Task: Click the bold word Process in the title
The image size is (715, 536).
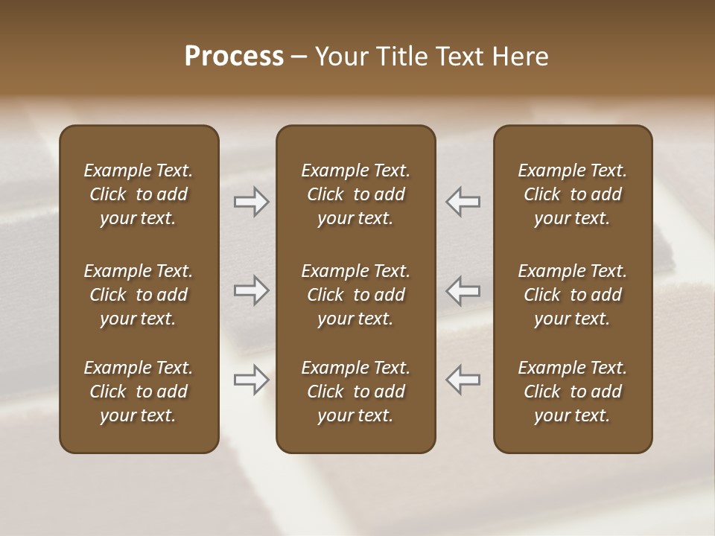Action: pyautogui.click(x=234, y=57)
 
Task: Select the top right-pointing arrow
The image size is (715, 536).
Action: pyautogui.click(x=251, y=202)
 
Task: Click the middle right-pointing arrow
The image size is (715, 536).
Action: pyautogui.click(x=251, y=290)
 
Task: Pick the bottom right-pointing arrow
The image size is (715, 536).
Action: pyautogui.click(x=251, y=380)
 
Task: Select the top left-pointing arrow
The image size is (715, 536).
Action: pyautogui.click(x=463, y=202)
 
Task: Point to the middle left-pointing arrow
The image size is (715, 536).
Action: pyautogui.click(x=463, y=290)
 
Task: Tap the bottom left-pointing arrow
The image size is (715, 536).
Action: pyautogui.click(x=463, y=380)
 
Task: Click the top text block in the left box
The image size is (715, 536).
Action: pyautogui.click(x=139, y=194)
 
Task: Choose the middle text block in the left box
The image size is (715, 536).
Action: pyautogui.click(x=139, y=295)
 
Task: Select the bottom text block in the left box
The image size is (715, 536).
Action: pyautogui.click(x=139, y=392)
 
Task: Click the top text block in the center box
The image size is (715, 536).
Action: pyautogui.click(x=355, y=194)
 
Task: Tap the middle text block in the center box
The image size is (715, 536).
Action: pyautogui.click(x=355, y=295)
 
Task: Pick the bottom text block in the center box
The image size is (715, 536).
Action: pyautogui.click(x=355, y=392)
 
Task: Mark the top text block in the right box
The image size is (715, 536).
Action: pyautogui.click(x=572, y=194)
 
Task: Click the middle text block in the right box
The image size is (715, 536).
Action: pyautogui.click(x=572, y=295)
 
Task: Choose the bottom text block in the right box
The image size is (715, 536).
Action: pyautogui.click(x=572, y=392)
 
